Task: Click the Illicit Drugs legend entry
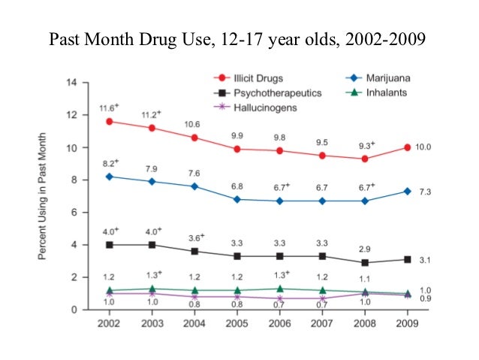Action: click(x=248, y=78)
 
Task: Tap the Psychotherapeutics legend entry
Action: click(x=267, y=93)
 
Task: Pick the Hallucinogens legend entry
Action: click(x=255, y=108)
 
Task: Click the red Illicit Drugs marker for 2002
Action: click(x=110, y=121)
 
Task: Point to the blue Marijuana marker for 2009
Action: click(x=408, y=191)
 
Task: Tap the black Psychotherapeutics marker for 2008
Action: click(x=365, y=262)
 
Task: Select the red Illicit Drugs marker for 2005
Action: click(x=238, y=149)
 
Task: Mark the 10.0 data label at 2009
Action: click(x=423, y=147)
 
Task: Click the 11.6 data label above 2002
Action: click(x=110, y=107)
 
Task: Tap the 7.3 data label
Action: click(x=423, y=192)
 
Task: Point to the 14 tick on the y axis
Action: click(x=73, y=82)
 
